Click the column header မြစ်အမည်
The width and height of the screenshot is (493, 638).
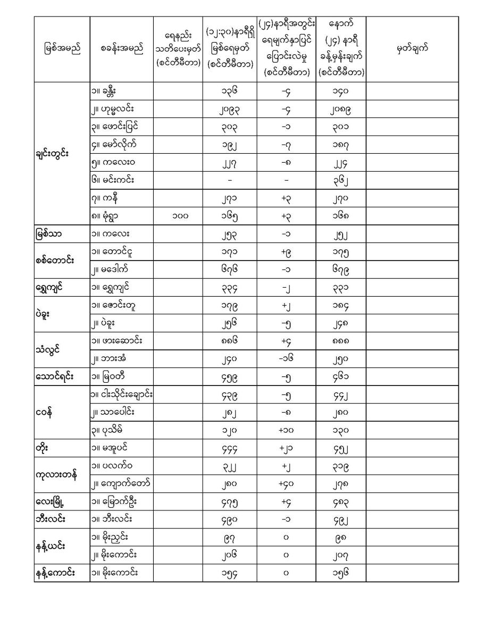(x=62, y=49)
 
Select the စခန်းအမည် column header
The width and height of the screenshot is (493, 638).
(x=121, y=49)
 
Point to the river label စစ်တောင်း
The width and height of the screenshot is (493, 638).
(x=52, y=261)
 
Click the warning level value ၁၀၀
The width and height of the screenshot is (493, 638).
(x=178, y=216)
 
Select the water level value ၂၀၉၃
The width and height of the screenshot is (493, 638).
(x=229, y=109)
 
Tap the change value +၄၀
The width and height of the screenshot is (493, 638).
(x=286, y=483)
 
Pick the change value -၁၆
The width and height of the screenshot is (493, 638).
(x=286, y=358)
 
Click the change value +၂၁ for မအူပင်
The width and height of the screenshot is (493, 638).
(x=286, y=448)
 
